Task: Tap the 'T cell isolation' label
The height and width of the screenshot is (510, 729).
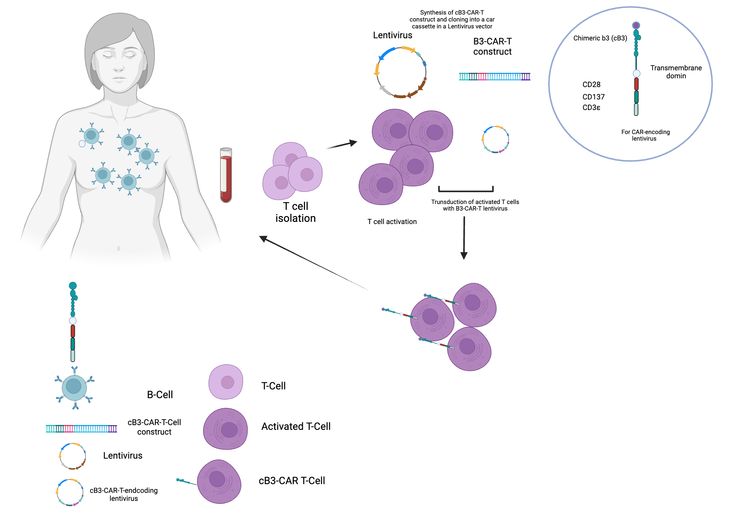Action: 296,212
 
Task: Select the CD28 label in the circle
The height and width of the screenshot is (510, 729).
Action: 591,85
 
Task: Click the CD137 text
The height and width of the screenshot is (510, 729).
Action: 593,97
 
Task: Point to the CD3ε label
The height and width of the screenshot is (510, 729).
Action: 591,107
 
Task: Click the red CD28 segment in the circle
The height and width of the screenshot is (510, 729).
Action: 636,84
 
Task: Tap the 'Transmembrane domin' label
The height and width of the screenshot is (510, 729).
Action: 676,72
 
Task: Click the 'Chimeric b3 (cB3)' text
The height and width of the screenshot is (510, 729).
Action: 600,38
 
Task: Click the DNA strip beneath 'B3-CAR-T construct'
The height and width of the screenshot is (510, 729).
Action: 494,76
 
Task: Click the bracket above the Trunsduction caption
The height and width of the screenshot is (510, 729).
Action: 466,189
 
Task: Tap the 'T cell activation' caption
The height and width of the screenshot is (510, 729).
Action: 392,221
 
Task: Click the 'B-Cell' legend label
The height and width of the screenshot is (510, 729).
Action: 160,395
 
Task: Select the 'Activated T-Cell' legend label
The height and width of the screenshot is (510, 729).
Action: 296,426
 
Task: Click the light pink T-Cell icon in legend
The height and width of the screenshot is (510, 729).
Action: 226,382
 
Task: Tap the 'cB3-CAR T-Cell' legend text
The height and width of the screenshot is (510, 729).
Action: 292,481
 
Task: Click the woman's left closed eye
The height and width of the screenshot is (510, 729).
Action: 130,55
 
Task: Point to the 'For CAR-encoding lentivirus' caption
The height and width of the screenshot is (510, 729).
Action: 645,135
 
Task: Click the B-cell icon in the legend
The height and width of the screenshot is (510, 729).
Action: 74,388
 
